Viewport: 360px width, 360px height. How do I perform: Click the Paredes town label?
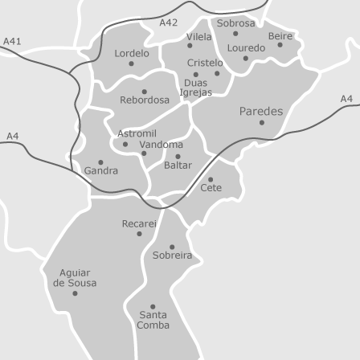coord(261,111)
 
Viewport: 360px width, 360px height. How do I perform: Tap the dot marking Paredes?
coord(261,123)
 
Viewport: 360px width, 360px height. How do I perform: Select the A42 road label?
coord(169,22)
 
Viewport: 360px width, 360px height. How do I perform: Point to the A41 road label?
coord(13,40)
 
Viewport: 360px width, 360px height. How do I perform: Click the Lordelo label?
coord(132,53)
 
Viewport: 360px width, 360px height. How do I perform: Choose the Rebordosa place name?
coord(145,100)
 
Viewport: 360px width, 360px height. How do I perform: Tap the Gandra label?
coord(101,171)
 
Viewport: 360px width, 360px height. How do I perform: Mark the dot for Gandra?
coord(100,162)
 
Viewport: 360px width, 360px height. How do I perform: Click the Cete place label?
coord(211,188)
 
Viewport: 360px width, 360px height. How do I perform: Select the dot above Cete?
coord(211,179)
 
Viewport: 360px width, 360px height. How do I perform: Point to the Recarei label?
coord(139,223)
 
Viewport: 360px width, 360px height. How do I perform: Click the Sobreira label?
coord(173,256)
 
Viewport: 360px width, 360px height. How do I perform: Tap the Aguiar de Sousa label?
coord(75,278)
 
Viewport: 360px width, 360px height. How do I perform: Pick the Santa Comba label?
coord(153,320)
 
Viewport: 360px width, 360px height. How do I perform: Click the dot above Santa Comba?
coord(153,306)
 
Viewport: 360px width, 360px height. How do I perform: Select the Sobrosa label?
coord(235,23)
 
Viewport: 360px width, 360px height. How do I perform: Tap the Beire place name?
coord(280,35)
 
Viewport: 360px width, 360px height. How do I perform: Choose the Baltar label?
coord(178,165)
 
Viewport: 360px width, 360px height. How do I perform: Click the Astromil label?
coord(137,133)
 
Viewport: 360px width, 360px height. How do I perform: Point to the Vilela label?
coord(199,37)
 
